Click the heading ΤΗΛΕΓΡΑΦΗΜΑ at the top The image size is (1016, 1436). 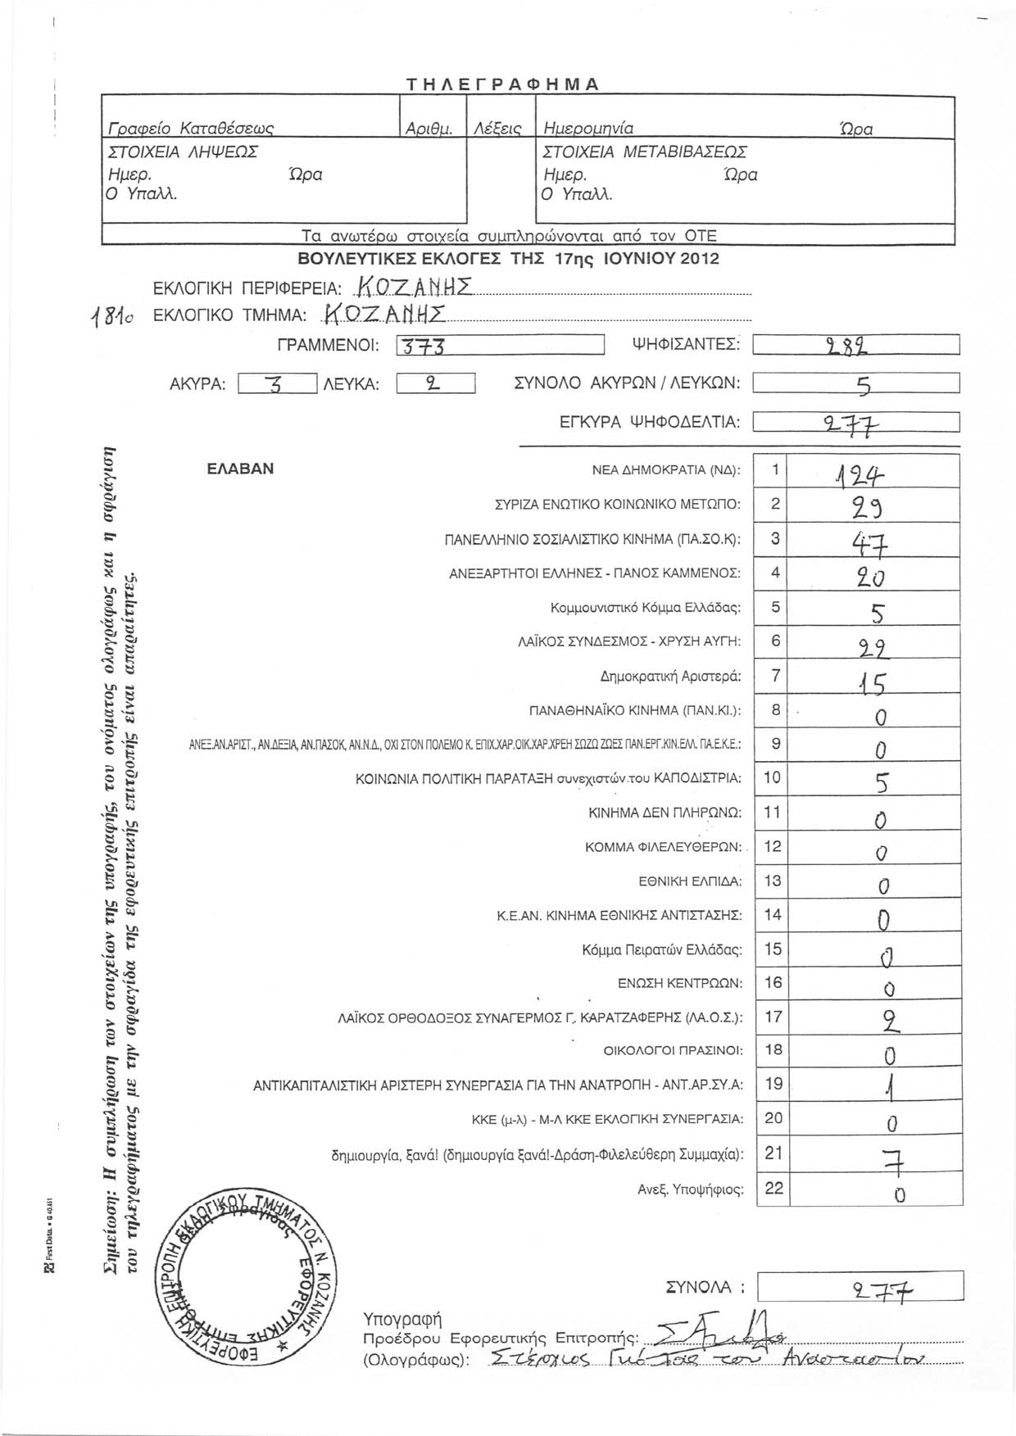(x=504, y=84)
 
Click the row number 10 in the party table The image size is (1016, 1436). (x=772, y=777)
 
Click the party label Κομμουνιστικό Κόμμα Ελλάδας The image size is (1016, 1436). (x=646, y=608)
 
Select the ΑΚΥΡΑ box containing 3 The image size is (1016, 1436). (x=276, y=383)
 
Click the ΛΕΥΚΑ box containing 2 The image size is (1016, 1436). (x=435, y=383)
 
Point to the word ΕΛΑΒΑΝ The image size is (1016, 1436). (x=240, y=469)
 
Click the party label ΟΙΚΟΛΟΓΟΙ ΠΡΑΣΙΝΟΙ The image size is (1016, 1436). (x=673, y=1050)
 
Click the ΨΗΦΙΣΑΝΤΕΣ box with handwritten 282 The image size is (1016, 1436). (x=855, y=346)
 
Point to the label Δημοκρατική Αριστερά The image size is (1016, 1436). (x=670, y=677)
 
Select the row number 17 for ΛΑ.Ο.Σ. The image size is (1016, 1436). (x=773, y=1017)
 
